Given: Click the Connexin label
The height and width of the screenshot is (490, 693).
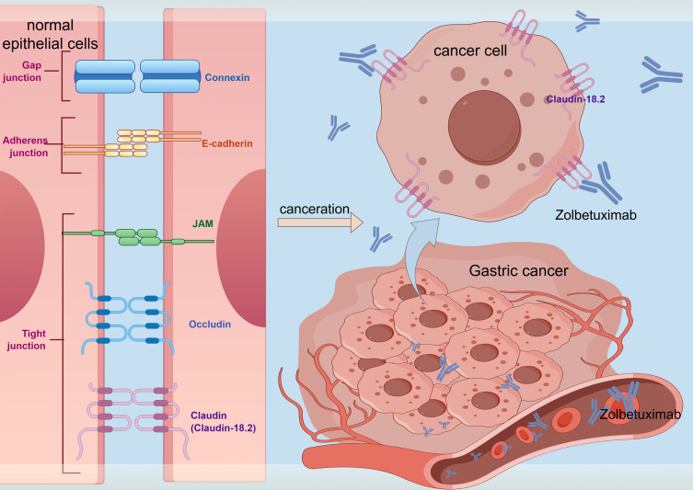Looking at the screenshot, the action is point(226,78).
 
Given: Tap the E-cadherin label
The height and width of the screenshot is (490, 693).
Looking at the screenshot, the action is point(227,143).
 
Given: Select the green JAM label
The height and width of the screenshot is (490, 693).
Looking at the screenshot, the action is point(202,223).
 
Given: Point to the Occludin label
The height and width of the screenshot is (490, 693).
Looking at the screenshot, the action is point(210,325).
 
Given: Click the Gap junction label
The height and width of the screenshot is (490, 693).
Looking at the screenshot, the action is point(22,71).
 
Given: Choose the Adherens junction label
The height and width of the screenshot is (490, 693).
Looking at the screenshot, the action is point(25,146).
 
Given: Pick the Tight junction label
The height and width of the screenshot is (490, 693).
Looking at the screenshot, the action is point(27,339).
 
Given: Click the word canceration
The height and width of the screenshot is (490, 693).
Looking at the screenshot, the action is point(314,209).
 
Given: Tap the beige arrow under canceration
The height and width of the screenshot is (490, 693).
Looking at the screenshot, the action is point(320,222).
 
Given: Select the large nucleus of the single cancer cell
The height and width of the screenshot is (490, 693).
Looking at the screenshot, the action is point(484,127).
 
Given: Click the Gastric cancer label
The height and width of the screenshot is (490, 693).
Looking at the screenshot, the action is point(518,270).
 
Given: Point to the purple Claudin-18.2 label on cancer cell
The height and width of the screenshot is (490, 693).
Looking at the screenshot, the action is point(575,99).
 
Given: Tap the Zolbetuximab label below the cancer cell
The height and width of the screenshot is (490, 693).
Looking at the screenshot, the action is point(595,215).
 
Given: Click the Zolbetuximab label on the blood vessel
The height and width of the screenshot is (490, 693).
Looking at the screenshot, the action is point(640,414).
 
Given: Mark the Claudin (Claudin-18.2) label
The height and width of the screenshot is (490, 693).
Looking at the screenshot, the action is point(224,422).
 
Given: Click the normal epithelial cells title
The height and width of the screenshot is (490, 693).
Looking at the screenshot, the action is point(50,34).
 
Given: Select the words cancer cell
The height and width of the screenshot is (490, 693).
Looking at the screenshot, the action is point(469,51).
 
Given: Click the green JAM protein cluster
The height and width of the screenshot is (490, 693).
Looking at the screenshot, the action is point(138,237).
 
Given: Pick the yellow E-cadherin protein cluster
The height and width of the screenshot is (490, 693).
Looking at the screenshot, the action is point(133,143).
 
